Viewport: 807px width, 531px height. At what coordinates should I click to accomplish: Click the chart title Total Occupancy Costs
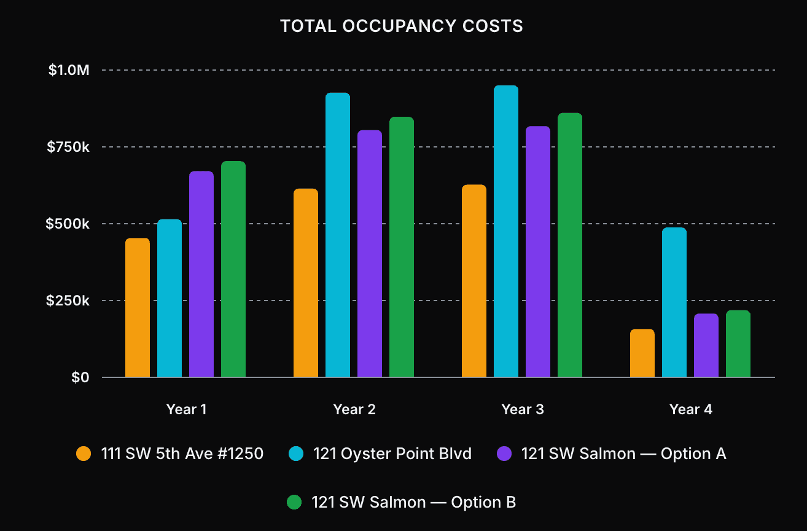coord(402,26)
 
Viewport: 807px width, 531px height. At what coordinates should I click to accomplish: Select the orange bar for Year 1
coord(138,308)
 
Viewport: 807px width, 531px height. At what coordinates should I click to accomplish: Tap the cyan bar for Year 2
coord(338,235)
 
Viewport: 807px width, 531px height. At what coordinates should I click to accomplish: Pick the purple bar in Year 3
coord(538,252)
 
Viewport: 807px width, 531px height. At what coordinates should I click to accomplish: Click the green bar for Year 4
coord(738,344)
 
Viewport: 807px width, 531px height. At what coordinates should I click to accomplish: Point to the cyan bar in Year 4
coord(674,302)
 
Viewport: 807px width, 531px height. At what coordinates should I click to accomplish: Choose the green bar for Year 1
coord(233,269)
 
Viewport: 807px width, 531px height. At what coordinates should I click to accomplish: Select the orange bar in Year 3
coord(474,281)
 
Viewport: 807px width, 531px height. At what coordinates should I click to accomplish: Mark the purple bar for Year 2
coord(370,254)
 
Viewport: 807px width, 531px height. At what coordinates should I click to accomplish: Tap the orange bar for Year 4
coord(642,353)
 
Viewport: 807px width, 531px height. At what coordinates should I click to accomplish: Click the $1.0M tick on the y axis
coord(69,71)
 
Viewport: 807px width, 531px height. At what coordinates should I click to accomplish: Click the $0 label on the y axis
coord(80,377)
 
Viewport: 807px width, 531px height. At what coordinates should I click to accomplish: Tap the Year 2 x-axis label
coord(354,409)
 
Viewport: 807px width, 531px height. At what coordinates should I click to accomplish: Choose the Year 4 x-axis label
coord(691,409)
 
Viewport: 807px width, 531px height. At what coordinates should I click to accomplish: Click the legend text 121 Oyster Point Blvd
coord(392,454)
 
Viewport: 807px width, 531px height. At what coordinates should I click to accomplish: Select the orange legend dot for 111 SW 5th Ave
coord(84,454)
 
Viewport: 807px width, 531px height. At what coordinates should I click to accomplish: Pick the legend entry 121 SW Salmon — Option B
coord(413,502)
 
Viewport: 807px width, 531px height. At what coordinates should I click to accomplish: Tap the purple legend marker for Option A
coord(504,454)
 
